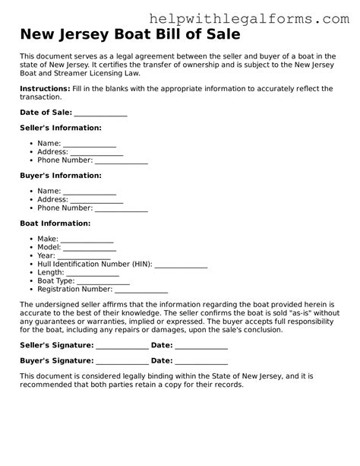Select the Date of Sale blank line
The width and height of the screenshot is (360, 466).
[x=100, y=113]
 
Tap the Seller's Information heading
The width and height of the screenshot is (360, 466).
[x=60, y=128]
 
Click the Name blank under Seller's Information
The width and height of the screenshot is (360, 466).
[x=89, y=144]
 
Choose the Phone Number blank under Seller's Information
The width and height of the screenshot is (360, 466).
[x=121, y=160]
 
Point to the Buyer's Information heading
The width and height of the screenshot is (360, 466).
[x=60, y=176]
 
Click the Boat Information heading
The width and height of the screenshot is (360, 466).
[x=55, y=223]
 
